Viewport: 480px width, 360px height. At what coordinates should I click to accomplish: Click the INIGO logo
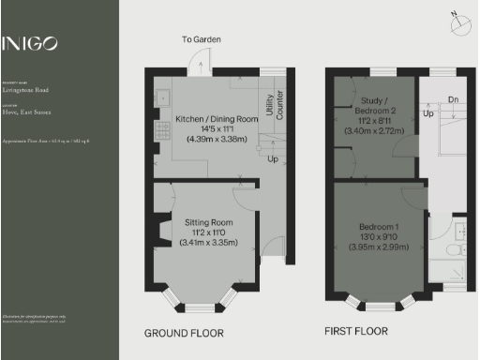[x=30, y=43]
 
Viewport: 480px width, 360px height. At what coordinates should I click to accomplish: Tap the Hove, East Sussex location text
[x=21, y=112]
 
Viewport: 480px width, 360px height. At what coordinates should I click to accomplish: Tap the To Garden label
[x=201, y=39]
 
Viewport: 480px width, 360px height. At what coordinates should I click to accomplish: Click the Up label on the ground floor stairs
[x=272, y=158]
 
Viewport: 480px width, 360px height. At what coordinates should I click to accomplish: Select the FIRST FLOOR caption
[x=357, y=332]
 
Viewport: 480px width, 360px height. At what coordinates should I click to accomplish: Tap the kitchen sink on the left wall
[x=159, y=95]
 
